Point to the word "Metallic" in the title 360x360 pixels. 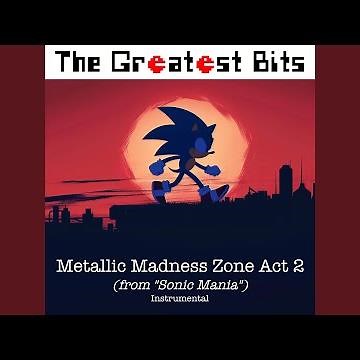[x=98, y=270]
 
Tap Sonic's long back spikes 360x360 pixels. [x=157, y=128]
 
